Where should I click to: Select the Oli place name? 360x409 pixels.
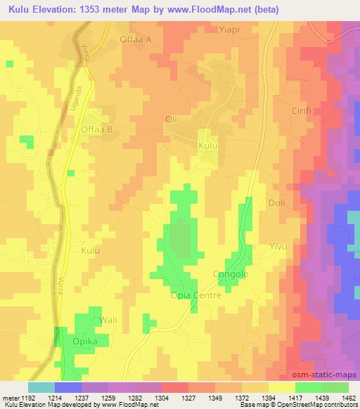[170, 119]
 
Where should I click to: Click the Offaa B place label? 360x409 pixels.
[97, 129]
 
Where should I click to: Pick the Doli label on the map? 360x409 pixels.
[277, 203]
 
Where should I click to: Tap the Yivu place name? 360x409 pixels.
[280, 247]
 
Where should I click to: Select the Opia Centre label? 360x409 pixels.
[196, 296]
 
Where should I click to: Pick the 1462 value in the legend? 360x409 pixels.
[349, 398]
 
